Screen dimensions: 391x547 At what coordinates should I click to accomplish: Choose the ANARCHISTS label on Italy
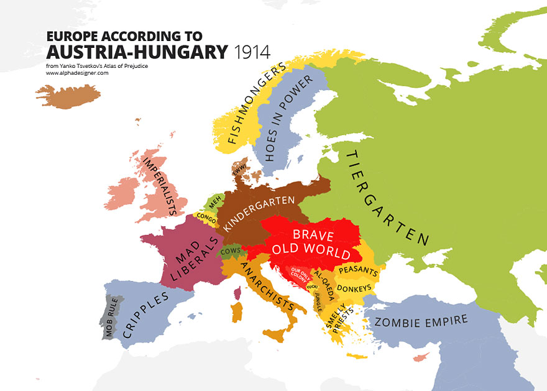267,286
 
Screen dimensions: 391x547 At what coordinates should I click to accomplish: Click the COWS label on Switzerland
231,251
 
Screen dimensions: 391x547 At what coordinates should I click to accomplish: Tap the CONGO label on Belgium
207,219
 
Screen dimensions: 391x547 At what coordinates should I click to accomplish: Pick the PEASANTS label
359,271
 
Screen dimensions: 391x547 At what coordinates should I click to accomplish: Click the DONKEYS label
355,288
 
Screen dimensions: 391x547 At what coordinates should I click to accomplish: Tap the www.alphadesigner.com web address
77,73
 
